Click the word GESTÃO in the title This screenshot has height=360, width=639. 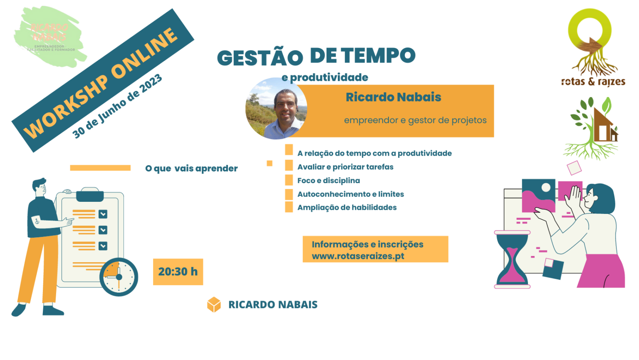click(x=260, y=58)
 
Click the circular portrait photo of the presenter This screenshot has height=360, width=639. click(x=276, y=109)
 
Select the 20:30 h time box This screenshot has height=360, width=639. click(x=178, y=272)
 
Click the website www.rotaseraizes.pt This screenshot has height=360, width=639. click(x=358, y=256)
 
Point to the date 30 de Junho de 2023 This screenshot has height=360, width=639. click(x=117, y=107)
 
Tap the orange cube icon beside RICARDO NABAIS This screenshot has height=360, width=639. click(x=214, y=305)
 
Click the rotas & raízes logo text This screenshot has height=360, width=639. click(x=593, y=82)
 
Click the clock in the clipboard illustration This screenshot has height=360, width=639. click(x=119, y=277)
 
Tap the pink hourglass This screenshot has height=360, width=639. click(x=512, y=259)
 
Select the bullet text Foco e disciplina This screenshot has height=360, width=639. click(x=329, y=181)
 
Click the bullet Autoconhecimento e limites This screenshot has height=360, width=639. click(x=350, y=194)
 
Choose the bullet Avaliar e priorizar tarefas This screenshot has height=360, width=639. click(x=345, y=167)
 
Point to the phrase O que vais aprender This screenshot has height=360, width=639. click(x=191, y=169)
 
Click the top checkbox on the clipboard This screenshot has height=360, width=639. click(x=103, y=214)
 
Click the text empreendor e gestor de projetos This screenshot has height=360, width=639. click(x=415, y=120)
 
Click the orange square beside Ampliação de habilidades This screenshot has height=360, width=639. click(x=289, y=207)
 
